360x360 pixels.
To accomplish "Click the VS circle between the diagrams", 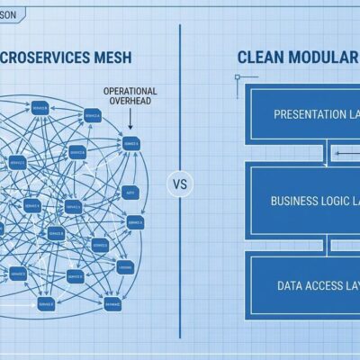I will (x=181, y=185).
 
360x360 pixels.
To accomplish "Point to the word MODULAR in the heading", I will (x=325, y=57).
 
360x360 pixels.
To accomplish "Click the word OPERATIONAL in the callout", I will (x=130, y=91).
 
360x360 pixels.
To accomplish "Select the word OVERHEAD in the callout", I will (x=130, y=102).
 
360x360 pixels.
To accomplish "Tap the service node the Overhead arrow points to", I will (x=131, y=142).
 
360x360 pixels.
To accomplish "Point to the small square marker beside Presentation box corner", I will (x=238, y=79).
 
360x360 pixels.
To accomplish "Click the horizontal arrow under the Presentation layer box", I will (x=346, y=154).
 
